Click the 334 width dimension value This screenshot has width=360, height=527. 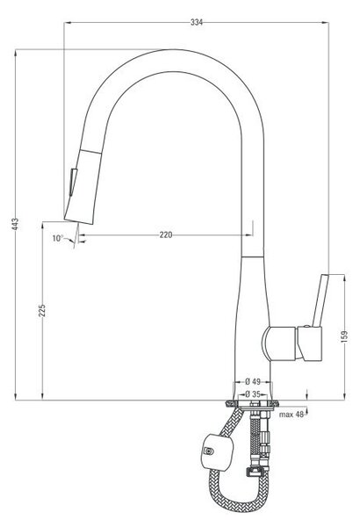(197, 22)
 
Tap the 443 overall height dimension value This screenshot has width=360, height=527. (15, 224)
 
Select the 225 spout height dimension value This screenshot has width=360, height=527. (42, 311)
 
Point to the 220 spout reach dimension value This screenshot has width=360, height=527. (166, 235)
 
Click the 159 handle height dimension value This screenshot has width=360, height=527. (344, 336)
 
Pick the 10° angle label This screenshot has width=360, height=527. (57, 238)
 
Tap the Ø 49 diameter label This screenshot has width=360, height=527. (253, 381)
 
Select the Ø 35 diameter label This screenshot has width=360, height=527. (253, 393)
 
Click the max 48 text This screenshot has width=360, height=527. (292, 415)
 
